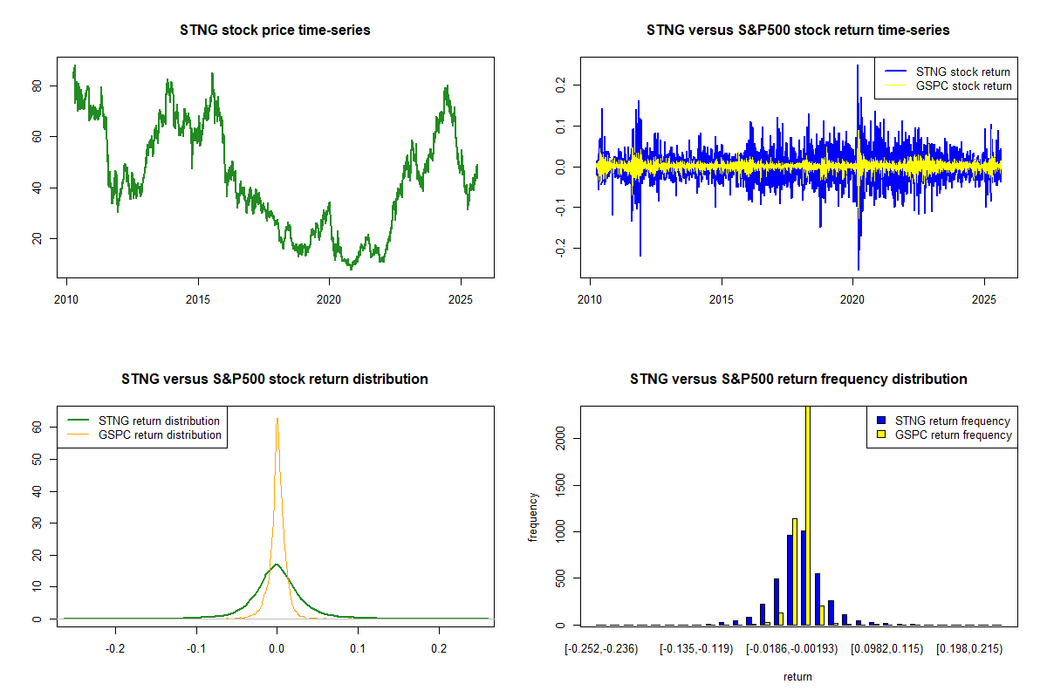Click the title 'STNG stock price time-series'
click(275, 31)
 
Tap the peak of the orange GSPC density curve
click(277, 419)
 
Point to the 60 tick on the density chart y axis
click(37, 427)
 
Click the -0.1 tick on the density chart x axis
click(196, 649)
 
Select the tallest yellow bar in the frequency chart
click(808, 515)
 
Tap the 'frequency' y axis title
click(533, 517)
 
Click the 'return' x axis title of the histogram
click(797, 676)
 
